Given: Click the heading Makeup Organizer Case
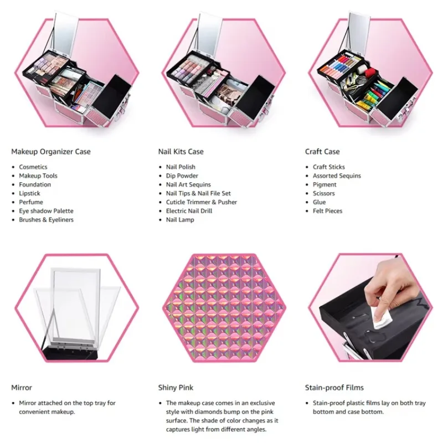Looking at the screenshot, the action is (51, 152).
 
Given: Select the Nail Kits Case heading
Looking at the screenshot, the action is (181, 152).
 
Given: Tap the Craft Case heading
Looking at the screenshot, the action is (322, 152).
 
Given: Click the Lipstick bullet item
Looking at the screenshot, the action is (30, 193).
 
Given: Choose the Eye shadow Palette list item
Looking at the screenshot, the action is (47, 211).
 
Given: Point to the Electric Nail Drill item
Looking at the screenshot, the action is (189, 211).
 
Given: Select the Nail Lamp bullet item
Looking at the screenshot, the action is (180, 219).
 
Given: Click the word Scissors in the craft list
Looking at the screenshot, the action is (324, 193).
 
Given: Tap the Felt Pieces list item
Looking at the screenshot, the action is (327, 211).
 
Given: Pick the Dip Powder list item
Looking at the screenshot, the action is (182, 176).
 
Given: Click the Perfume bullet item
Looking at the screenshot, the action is (31, 202).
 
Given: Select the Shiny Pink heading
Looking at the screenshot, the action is (176, 388).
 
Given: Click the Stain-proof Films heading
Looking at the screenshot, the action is (334, 388).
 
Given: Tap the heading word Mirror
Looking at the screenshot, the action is (22, 388).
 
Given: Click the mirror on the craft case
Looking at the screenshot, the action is (358, 34).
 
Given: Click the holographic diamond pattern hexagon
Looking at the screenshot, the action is (224, 308).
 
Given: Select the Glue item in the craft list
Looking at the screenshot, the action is (320, 202).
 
